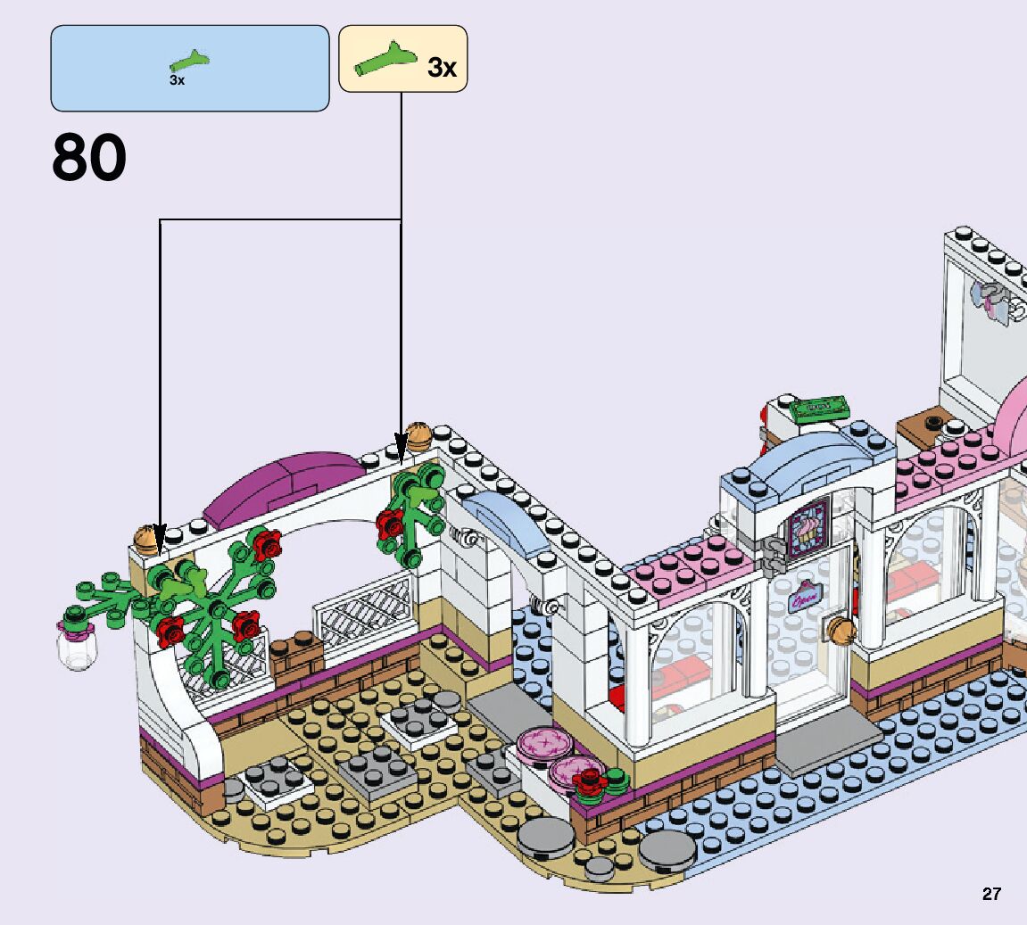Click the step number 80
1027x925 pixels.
(x=89, y=159)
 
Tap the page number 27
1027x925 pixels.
(x=991, y=894)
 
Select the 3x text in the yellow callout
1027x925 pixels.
(x=442, y=67)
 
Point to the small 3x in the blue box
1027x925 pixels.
(x=177, y=81)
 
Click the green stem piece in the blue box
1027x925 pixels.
(x=190, y=62)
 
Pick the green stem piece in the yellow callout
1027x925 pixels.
(x=385, y=61)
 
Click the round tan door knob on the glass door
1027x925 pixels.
(x=841, y=630)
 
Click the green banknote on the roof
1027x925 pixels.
(x=819, y=408)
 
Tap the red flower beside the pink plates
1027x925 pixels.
(x=589, y=783)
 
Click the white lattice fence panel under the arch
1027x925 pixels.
(x=366, y=607)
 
